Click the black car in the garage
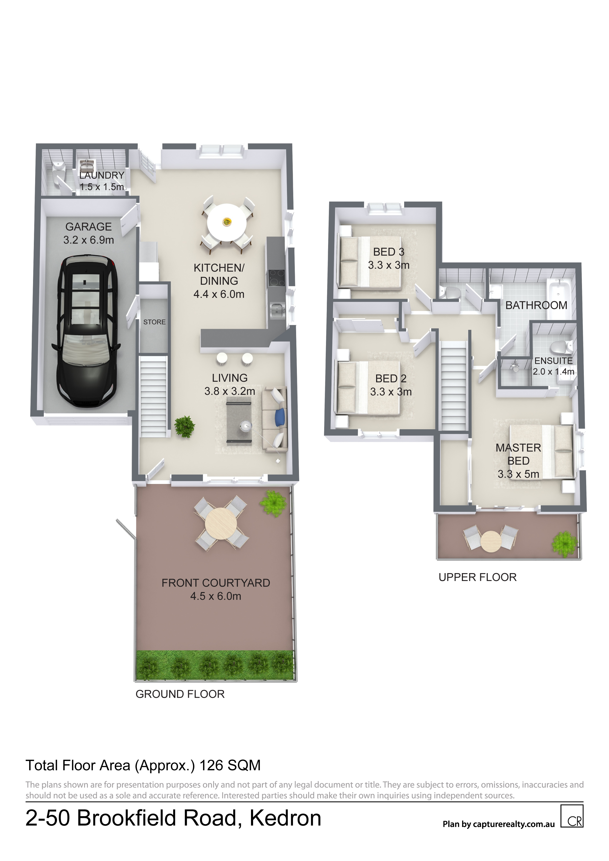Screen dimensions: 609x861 pyautogui.click(x=89, y=331)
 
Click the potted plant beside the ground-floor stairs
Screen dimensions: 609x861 pyautogui.click(x=185, y=426)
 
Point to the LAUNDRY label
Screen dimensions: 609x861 pyautogui.click(x=102, y=175)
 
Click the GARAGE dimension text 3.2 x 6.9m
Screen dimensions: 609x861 pyautogui.click(x=89, y=240)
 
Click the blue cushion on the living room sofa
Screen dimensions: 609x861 pyautogui.click(x=280, y=417)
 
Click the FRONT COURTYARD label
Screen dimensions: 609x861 pyautogui.click(x=216, y=583)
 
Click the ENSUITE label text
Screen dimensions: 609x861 pyautogui.click(x=553, y=361)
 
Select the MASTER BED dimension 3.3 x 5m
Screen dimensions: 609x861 pyautogui.click(x=518, y=474)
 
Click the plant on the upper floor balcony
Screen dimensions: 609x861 pyautogui.click(x=564, y=544)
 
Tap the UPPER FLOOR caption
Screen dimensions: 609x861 pyautogui.click(x=478, y=577)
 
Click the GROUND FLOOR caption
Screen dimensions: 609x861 pyautogui.click(x=180, y=694)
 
